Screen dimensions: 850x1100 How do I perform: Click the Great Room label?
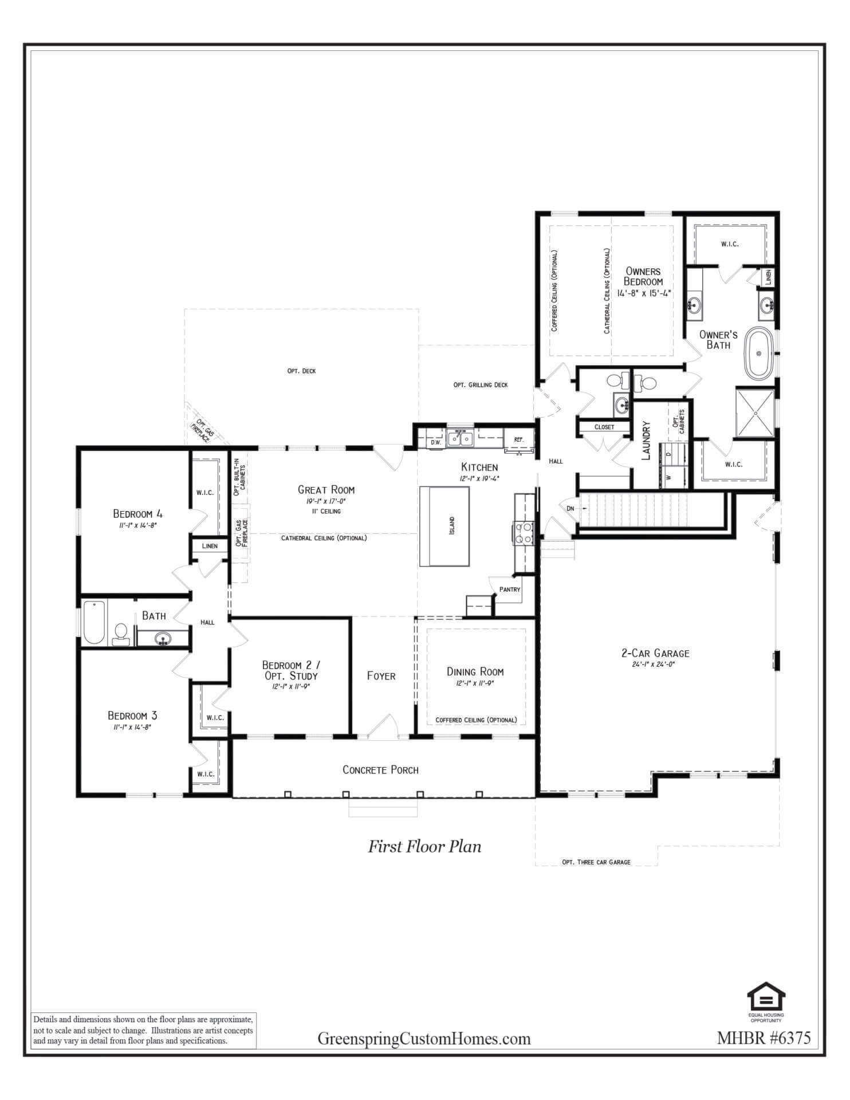point(326,490)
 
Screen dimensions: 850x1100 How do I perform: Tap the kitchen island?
point(444,526)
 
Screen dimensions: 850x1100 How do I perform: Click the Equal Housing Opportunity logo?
point(766,1000)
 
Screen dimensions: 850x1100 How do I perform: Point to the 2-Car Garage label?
point(655,653)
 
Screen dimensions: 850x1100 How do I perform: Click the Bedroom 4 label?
point(137,513)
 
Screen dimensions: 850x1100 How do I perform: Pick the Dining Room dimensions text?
point(475,683)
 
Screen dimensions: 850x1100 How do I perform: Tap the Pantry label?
point(510,590)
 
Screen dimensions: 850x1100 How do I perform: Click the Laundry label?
point(647,441)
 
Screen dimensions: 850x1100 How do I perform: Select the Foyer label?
point(381,676)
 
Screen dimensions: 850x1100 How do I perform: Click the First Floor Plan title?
point(424,846)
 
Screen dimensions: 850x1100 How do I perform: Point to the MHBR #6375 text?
point(764,1038)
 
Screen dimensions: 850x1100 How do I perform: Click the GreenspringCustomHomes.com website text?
point(424,1039)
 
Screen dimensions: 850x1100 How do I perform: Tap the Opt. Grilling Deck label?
point(481,385)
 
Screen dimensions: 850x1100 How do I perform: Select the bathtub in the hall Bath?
point(95,622)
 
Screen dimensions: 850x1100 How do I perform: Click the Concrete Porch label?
point(380,770)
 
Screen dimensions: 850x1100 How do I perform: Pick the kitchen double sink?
point(460,439)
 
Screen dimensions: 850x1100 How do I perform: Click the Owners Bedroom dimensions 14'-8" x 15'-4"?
point(644,293)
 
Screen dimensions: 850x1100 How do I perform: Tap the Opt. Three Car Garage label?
point(596,862)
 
